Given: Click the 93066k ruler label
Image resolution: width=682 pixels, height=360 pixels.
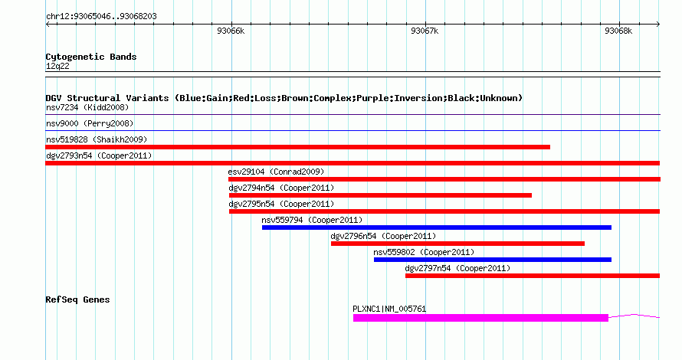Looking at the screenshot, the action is pyautogui.click(x=231, y=31).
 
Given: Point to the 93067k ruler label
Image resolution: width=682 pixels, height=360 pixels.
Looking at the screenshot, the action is pyautogui.click(x=425, y=31).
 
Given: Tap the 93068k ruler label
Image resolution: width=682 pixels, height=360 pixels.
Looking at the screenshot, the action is pyautogui.click(x=618, y=31).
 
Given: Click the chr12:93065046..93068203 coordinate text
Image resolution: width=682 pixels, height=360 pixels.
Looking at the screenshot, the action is pyautogui.click(x=101, y=17).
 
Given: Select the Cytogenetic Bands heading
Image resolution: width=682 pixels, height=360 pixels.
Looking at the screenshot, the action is pyautogui.click(x=91, y=57).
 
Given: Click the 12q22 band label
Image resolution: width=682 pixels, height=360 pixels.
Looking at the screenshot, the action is pyautogui.click(x=57, y=67).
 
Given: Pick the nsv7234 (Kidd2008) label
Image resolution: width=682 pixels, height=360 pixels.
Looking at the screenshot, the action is pyautogui.click(x=87, y=107).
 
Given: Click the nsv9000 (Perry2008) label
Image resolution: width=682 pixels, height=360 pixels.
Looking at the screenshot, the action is pyautogui.click(x=90, y=123).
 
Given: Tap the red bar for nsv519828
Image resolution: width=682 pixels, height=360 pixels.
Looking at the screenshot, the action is pyautogui.click(x=298, y=147).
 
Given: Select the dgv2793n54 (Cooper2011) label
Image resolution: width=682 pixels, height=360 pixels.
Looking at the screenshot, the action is pyautogui.click(x=99, y=155).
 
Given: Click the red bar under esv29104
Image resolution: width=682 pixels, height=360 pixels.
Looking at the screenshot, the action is pyautogui.click(x=444, y=179).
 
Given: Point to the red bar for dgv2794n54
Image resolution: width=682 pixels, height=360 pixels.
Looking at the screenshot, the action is pyautogui.click(x=380, y=195).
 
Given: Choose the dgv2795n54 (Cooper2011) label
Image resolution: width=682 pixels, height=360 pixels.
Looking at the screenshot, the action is pyautogui.click(x=281, y=204).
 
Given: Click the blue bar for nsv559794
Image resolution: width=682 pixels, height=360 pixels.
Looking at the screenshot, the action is pyautogui.click(x=437, y=227).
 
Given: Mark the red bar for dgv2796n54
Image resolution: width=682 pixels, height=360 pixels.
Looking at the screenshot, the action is pyautogui.click(x=457, y=244).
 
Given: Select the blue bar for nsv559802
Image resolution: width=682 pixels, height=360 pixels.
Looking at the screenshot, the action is pyautogui.click(x=493, y=260).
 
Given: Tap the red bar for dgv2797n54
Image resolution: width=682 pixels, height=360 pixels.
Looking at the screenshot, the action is pyautogui.click(x=533, y=276).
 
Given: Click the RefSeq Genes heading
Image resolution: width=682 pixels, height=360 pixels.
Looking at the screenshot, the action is pyautogui.click(x=77, y=299).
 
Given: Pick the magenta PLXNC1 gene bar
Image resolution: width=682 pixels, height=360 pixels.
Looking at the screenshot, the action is pyautogui.click(x=480, y=319).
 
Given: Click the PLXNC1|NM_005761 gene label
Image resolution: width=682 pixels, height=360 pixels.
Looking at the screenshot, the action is pyautogui.click(x=389, y=309).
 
